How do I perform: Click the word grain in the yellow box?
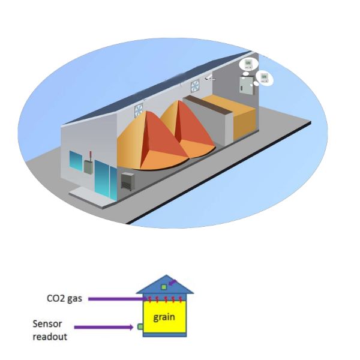(x=164, y=317)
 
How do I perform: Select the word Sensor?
(x=47, y=323)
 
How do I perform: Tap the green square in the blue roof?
(x=164, y=287)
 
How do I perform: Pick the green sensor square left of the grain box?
(x=140, y=326)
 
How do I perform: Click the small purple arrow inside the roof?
(x=173, y=282)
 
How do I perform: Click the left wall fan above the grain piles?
(x=138, y=110)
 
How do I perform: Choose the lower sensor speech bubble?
(x=263, y=77)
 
